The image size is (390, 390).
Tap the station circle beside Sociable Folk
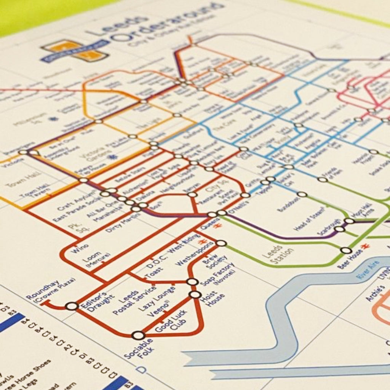coord(138,335)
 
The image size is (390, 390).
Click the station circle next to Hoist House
coord(195,294)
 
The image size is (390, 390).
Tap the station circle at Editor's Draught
coord(72,306)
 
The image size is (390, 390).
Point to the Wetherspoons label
coord(195,253)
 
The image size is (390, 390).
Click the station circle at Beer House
coord(346,250)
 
